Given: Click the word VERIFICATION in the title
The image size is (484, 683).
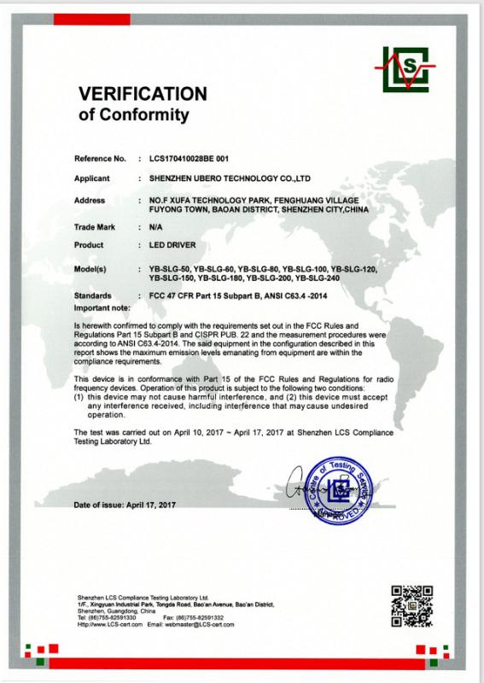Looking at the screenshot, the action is click(x=143, y=93).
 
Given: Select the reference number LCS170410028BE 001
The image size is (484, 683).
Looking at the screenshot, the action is click(x=190, y=159).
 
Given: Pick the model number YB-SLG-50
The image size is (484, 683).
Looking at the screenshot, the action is click(x=168, y=269).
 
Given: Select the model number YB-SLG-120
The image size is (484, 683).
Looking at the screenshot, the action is click(x=353, y=269).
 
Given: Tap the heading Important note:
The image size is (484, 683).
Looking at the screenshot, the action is click(x=102, y=306).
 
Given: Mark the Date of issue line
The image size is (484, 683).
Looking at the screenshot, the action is click(x=124, y=505).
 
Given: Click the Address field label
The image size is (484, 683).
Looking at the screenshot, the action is click(x=91, y=199).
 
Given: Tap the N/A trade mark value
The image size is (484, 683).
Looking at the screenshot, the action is click(x=155, y=229).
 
